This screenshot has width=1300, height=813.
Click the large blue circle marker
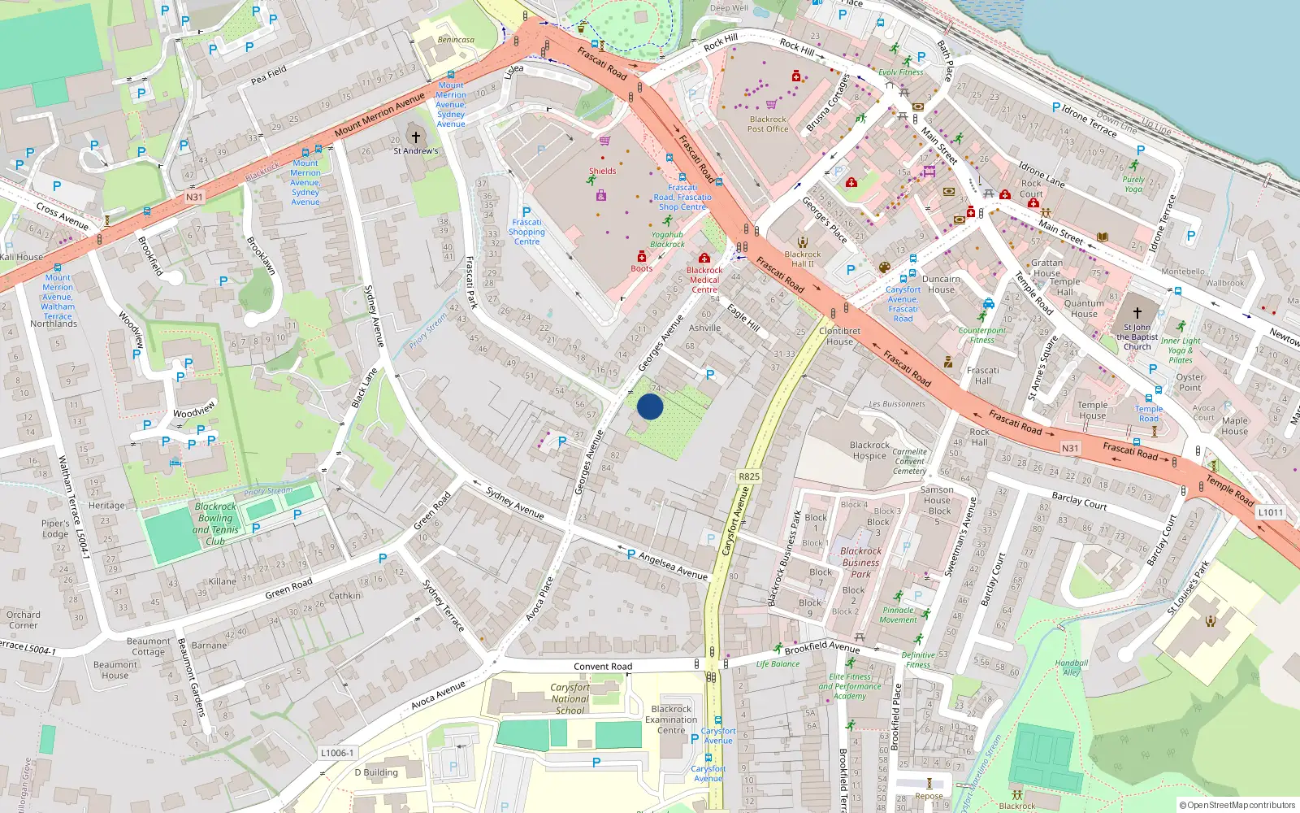(650, 406)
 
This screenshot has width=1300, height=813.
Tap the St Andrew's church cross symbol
(415, 137)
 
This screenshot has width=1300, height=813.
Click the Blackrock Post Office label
(768, 124)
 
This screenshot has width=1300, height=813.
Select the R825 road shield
(749, 477)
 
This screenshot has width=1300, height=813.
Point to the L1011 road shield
(1271, 512)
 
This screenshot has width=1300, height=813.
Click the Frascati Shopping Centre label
(526, 232)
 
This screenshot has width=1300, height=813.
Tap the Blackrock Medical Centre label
(704, 280)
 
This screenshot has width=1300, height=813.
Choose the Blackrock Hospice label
(869, 450)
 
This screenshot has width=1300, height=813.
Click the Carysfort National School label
(570, 698)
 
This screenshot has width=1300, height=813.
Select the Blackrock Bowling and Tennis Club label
(215, 524)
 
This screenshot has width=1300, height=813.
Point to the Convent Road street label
(603, 666)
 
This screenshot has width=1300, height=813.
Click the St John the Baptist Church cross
(1137, 313)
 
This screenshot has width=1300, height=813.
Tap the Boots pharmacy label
(642, 268)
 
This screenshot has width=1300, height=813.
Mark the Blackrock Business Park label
(860, 562)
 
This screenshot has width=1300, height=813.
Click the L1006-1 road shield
(337, 753)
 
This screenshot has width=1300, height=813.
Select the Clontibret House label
(839, 336)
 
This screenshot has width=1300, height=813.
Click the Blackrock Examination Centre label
(671, 720)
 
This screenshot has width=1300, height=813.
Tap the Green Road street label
(288, 588)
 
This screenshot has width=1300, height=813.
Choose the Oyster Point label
(1189, 382)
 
